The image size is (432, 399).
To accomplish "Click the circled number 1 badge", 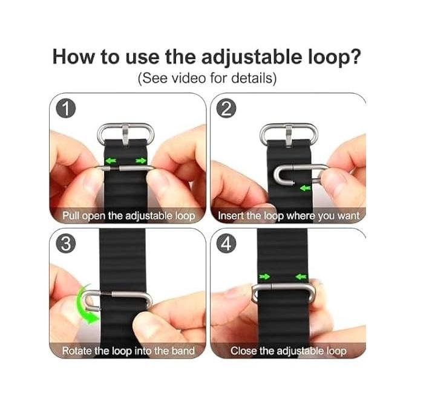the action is pyautogui.click(x=66, y=109).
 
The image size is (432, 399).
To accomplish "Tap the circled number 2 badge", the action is pyautogui.click(x=226, y=109).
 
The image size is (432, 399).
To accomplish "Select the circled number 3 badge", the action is pyautogui.click(x=66, y=244).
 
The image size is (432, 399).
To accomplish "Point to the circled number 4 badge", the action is pyautogui.click(x=226, y=244).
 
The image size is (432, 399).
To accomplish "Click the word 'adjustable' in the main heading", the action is pyautogui.click(x=252, y=57).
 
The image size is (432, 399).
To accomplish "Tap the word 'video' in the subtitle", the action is pyautogui.click(x=189, y=78).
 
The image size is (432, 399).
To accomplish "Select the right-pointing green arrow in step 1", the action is pyautogui.click(x=141, y=161).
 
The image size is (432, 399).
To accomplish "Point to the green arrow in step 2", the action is pyautogui.click(x=306, y=188).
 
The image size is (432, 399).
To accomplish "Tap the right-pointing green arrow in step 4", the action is pyautogui.click(x=264, y=276).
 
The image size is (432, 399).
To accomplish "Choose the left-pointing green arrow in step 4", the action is pyautogui.click(x=301, y=276).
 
